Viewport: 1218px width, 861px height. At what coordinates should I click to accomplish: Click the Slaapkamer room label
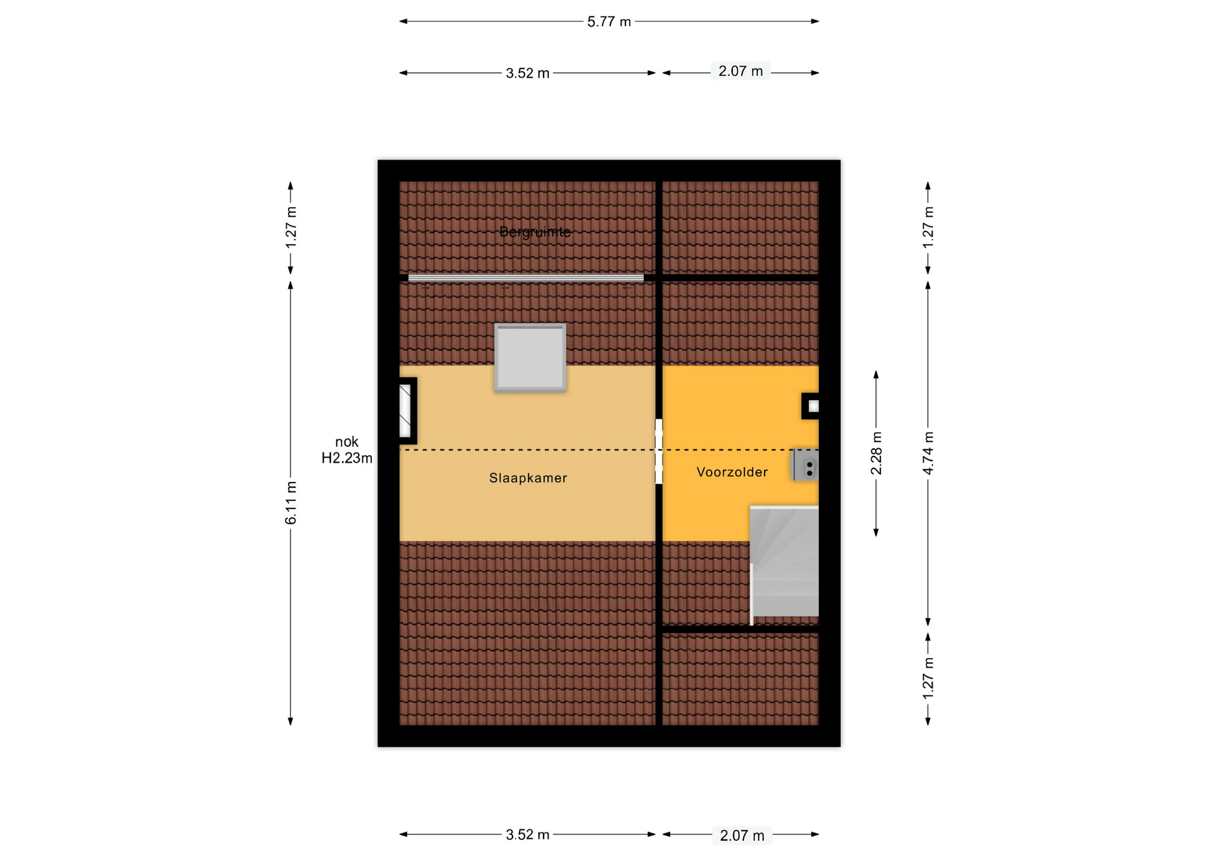click(x=528, y=478)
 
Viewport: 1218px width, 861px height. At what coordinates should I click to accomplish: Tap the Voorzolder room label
click(x=732, y=472)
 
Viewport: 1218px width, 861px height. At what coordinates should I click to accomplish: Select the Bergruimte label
click(x=535, y=232)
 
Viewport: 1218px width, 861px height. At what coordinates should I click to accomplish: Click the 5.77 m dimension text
click(x=609, y=22)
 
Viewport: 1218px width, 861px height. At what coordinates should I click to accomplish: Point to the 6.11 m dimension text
click(x=291, y=503)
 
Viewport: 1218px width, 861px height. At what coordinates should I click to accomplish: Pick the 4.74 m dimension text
click(x=928, y=453)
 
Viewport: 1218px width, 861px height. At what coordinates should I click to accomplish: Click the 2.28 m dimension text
click(x=876, y=453)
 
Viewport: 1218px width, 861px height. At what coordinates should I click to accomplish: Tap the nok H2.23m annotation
click(x=346, y=450)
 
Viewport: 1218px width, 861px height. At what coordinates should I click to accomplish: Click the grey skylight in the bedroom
click(x=530, y=358)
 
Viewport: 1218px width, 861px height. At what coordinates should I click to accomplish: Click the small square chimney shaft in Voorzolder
click(x=811, y=406)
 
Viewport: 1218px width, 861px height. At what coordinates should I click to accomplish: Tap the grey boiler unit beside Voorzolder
click(x=805, y=465)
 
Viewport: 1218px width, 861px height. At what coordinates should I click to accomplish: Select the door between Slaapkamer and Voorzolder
click(x=659, y=451)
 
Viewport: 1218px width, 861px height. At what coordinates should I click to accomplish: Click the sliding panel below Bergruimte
click(x=526, y=278)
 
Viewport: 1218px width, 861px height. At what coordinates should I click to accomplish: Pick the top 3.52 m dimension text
click(x=527, y=73)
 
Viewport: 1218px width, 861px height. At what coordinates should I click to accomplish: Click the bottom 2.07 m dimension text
click(x=742, y=836)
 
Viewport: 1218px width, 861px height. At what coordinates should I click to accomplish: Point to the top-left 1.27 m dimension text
click(x=291, y=228)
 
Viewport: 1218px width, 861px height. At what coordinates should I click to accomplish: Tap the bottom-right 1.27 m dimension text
click(x=928, y=678)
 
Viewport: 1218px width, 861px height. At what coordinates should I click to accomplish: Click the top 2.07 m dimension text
click(x=740, y=71)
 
